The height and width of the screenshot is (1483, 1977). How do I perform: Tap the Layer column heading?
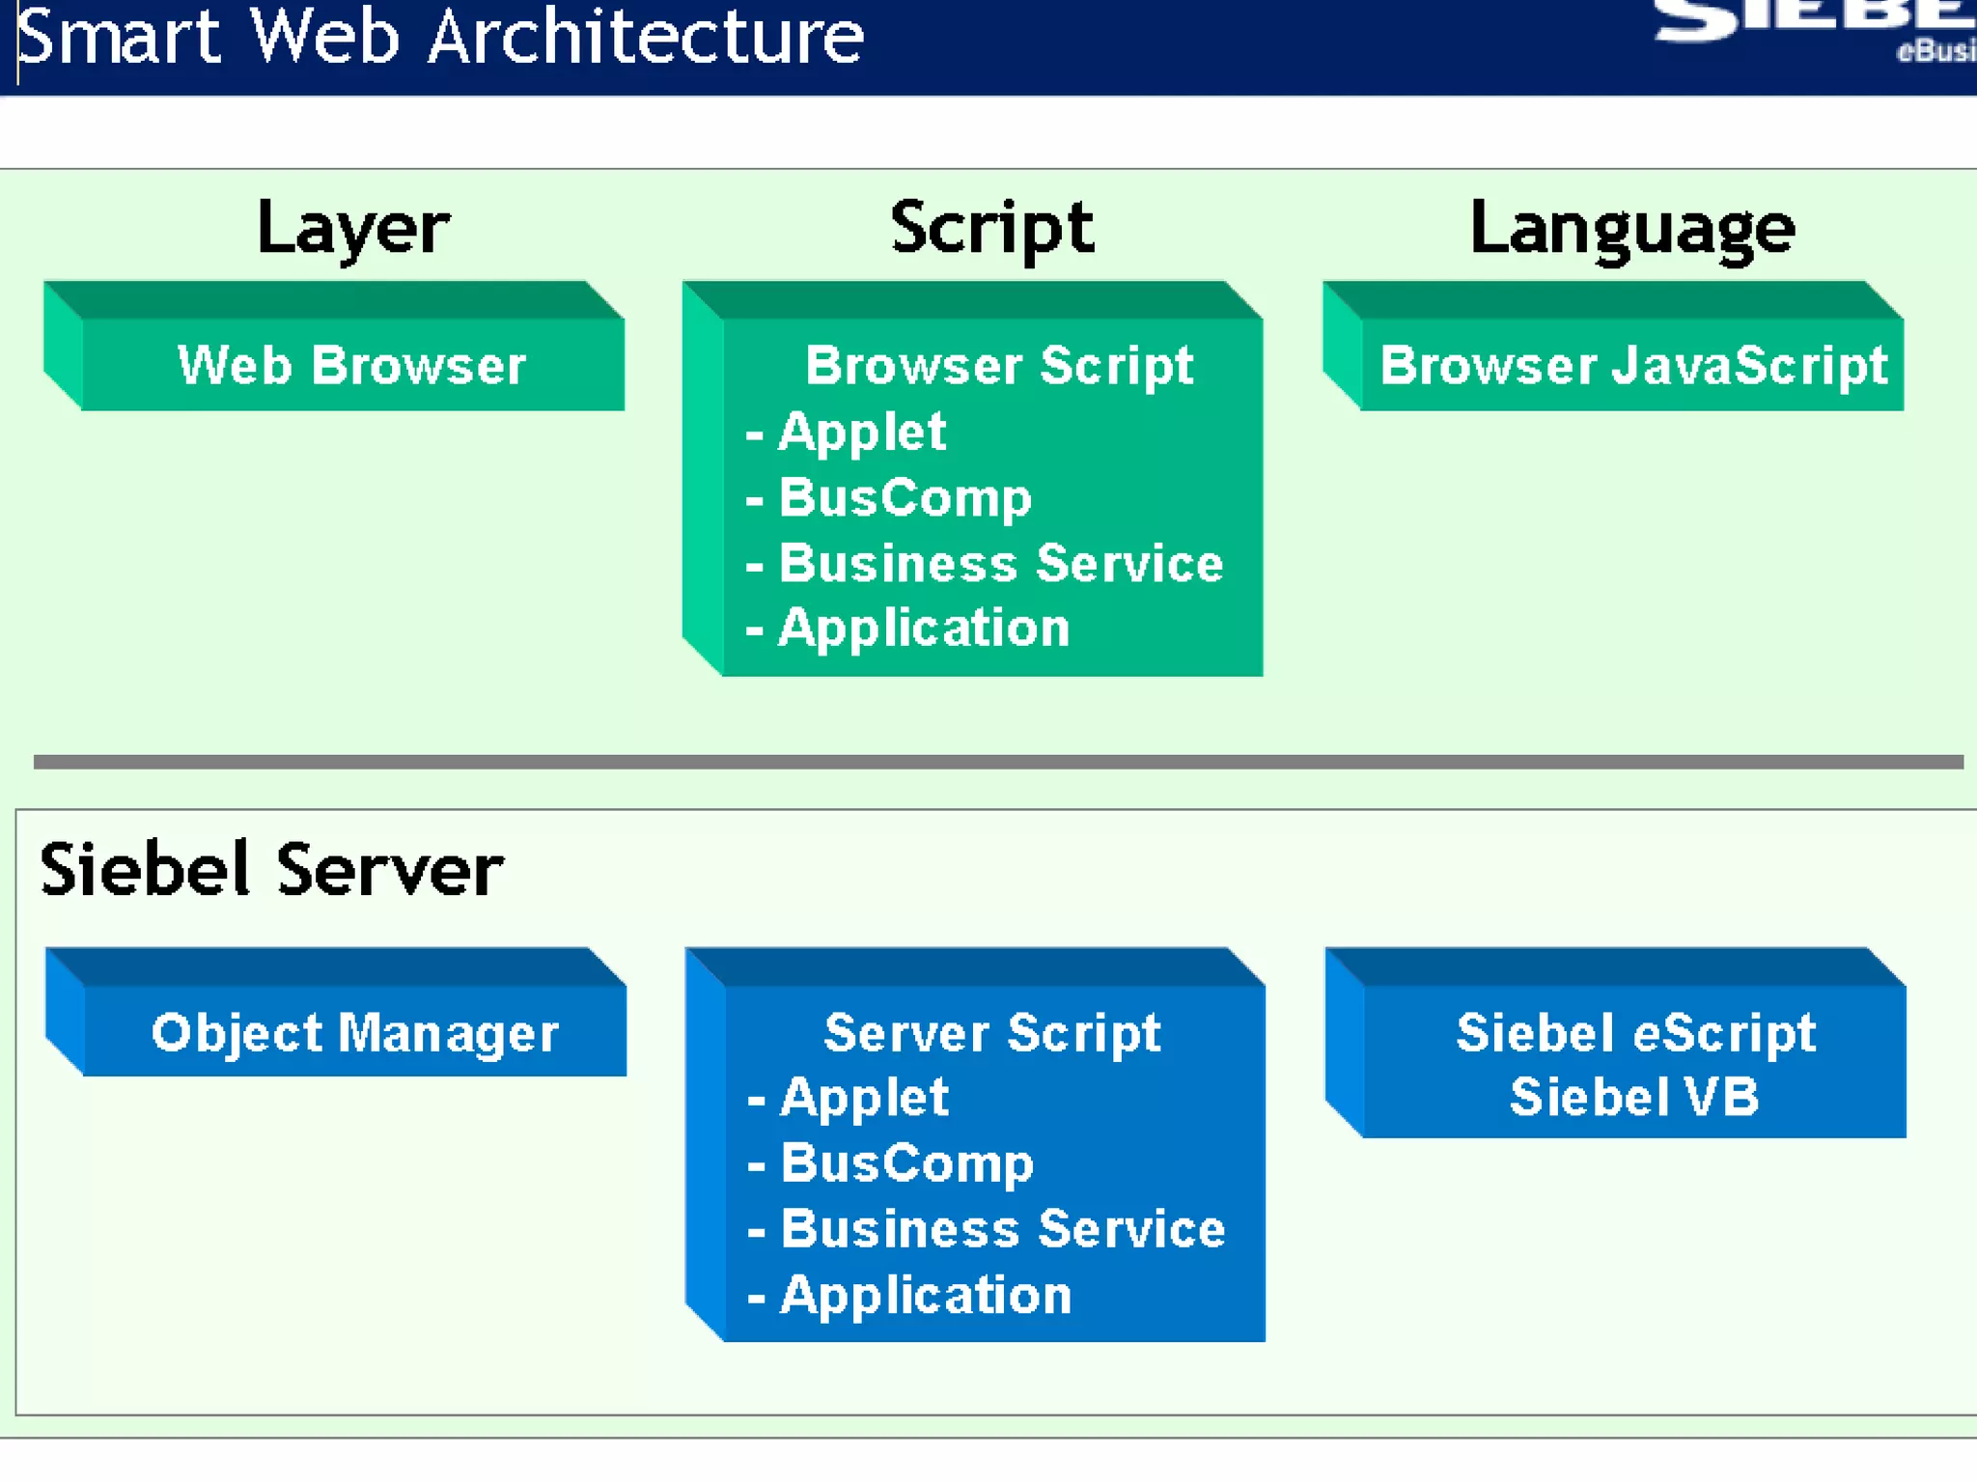tap(353, 228)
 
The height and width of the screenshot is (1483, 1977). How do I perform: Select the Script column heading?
tap(991, 228)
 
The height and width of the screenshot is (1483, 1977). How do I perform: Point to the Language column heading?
tap(1631, 228)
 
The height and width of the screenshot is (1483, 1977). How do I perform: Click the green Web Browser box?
tap(351, 365)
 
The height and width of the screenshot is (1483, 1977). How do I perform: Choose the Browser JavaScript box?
tap(1632, 365)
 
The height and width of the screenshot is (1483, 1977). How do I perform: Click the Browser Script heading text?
tap(999, 365)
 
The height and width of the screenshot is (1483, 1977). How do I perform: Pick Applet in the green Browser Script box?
tap(861, 431)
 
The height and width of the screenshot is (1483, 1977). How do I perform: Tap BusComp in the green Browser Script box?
tap(905, 497)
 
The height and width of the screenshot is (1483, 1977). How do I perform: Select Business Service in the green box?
tap(1000, 563)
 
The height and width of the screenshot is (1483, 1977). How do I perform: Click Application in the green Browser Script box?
tap(924, 628)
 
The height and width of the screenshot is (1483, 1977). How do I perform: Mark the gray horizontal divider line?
tap(997, 762)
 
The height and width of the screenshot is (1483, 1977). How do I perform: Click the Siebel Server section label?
tap(271, 870)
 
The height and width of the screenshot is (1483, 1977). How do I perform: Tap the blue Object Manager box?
tap(354, 1032)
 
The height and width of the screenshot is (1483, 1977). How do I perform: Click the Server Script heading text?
tap(991, 1032)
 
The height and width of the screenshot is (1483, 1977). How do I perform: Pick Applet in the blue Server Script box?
tap(864, 1097)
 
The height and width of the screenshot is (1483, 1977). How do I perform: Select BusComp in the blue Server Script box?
tap(906, 1162)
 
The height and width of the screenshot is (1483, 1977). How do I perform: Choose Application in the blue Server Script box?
tap(925, 1295)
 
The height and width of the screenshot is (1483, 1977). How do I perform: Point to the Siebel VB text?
tap(1633, 1097)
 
